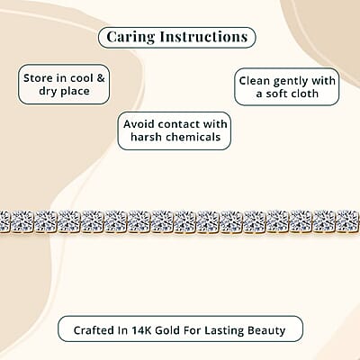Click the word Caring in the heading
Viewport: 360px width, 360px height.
130,38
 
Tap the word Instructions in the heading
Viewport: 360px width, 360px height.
204,37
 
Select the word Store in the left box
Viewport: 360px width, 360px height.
38,78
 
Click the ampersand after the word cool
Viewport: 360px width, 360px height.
101,78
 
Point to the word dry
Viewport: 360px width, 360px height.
48,91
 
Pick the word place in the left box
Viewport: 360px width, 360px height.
74,91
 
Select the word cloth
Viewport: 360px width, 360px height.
304,94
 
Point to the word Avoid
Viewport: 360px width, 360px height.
139,124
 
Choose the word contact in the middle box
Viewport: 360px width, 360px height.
179,124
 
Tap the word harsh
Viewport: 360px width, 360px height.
147,137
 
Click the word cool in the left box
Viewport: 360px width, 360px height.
82,78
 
